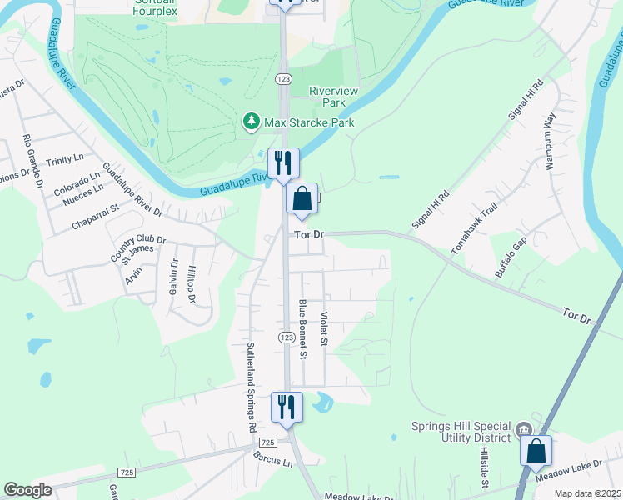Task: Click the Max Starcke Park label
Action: pos(309,122)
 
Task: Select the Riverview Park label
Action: pos(327,97)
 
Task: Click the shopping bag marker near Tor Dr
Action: pos(302,200)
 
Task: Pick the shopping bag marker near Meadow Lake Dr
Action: pos(536,451)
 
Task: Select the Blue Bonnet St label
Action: pos(304,329)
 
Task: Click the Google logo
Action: pos(27,490)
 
